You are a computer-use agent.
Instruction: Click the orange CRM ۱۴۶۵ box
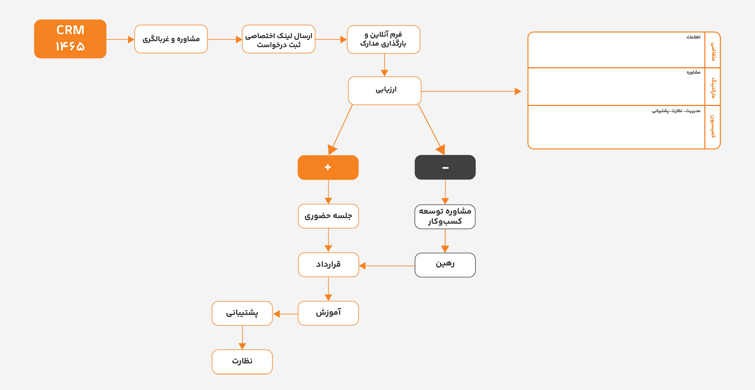pos(70,39)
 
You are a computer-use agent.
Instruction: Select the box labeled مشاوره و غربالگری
pos(171,39)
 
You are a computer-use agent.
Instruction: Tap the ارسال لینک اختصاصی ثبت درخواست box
pos(279,39)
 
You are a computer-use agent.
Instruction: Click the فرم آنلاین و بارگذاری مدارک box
pos(383,39)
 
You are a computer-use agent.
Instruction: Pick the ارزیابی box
pos(385,91)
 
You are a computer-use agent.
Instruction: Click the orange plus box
pos(328,167)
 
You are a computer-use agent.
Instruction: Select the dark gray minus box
pos(445,167)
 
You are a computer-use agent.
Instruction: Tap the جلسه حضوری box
pos(328,216)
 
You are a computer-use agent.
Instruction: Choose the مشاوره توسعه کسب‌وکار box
pos(445,216)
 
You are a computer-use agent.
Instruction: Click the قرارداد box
pos(328,265)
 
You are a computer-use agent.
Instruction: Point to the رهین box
pos(445,265)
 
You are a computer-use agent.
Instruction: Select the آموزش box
pos(328,313)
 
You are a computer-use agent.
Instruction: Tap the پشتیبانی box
pos(242,313)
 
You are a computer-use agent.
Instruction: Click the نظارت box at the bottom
pos(242,361)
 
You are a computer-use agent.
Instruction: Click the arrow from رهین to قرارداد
pos(387,266)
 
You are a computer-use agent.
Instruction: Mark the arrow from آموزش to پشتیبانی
pos(286,314)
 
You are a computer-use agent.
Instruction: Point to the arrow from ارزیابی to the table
pos(471,91)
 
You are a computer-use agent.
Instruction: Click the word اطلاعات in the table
pos(693,37)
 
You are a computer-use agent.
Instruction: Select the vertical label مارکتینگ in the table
pos(713,88)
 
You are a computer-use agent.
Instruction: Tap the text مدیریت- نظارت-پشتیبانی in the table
pos(676,111)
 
